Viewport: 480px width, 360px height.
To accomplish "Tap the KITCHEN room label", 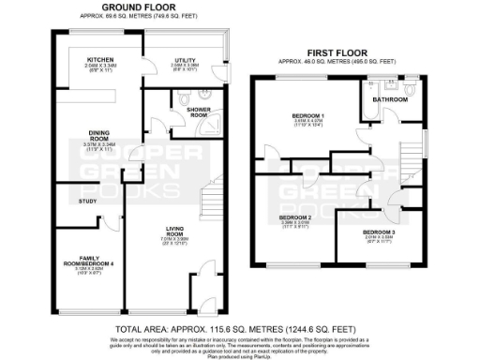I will (100, 58).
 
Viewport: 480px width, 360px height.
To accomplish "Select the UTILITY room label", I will (183, 58).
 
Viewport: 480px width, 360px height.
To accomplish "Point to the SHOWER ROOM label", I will (192, 112).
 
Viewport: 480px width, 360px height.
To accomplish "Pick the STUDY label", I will (89, 200).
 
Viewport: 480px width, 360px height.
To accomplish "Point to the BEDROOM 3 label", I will (379, 232).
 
